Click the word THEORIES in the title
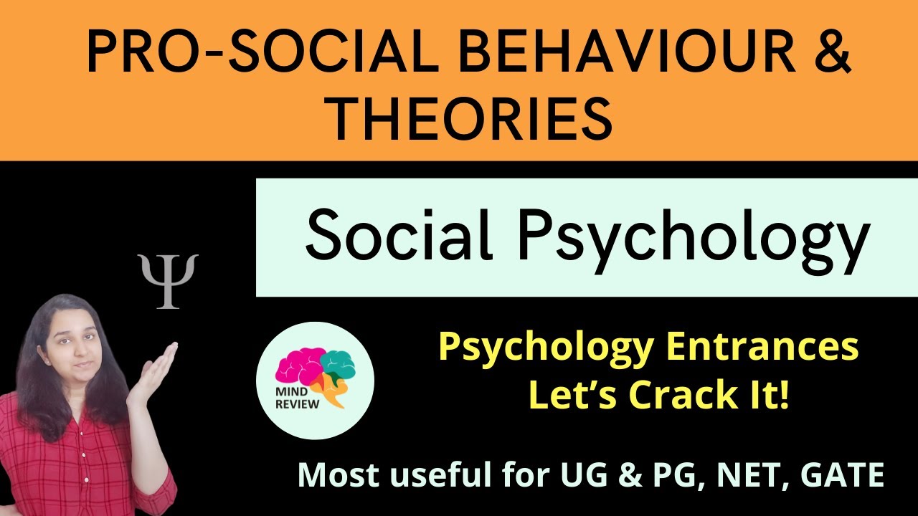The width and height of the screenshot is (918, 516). [470, 118]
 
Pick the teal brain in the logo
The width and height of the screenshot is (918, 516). [337, 362]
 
